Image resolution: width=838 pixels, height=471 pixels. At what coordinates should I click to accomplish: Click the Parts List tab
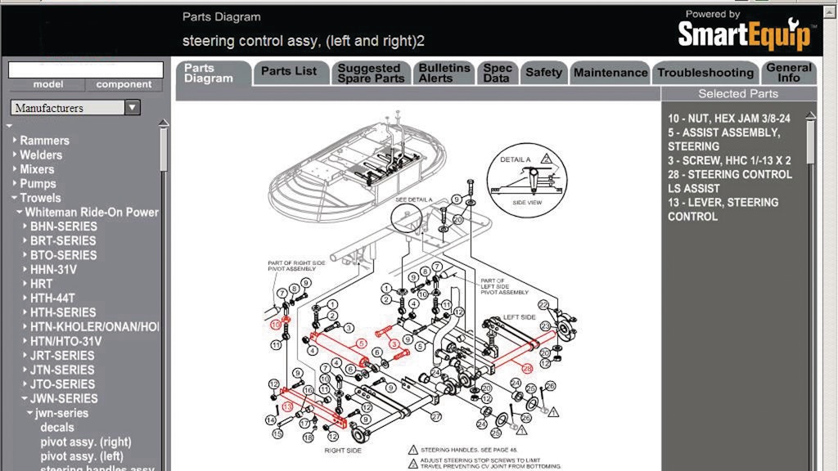coord(289,72)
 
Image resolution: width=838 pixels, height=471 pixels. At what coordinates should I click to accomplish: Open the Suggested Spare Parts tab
coord(369,73)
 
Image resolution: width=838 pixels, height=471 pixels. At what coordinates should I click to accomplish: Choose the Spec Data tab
coord(498,73)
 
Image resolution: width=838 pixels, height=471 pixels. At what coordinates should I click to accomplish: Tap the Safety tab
coord(543,73)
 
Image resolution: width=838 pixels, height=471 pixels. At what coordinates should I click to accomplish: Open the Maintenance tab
coord(610,73)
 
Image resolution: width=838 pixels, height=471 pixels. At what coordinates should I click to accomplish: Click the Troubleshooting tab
coord(705,73)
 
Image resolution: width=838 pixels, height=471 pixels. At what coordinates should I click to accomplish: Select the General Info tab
coord(789,73)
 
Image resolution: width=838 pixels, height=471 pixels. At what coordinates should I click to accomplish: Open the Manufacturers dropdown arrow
coord(133,108)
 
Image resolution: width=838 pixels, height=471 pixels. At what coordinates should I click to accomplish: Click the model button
coord(48,84)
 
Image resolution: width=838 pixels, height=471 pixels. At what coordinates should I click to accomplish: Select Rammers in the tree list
coord(44,141)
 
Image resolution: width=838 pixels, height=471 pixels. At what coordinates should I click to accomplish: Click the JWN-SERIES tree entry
coord(64,398)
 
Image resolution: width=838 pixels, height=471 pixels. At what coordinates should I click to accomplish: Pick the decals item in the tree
coord(57,427)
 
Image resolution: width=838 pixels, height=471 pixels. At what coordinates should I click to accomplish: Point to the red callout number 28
coord(527,369)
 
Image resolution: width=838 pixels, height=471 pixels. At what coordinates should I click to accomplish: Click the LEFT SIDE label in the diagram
coord(519,317)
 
